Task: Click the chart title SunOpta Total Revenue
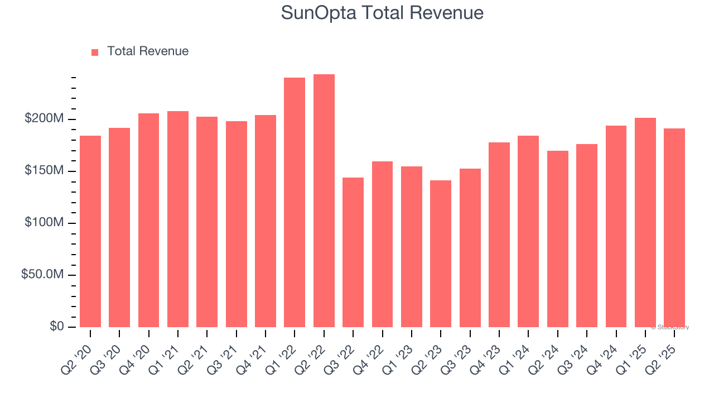click(382, 13)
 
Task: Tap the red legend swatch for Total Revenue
click(95, 52)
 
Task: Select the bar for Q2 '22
click(324, 201)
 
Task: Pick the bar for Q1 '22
click(295, 203)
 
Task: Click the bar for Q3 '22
click(353, 252)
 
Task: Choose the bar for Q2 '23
click(441, 254)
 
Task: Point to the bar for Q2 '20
click(90, 232)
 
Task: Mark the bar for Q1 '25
click(645, 223)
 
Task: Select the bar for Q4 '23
click(499, 235)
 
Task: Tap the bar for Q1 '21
click(178, 219)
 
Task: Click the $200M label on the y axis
click(44, 119)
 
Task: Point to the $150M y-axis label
click(44, 171)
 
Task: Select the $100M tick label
click(44, 223)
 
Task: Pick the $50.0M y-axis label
click(42, 275)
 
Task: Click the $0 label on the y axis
click(56, 326)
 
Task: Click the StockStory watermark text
click(670, 327)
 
